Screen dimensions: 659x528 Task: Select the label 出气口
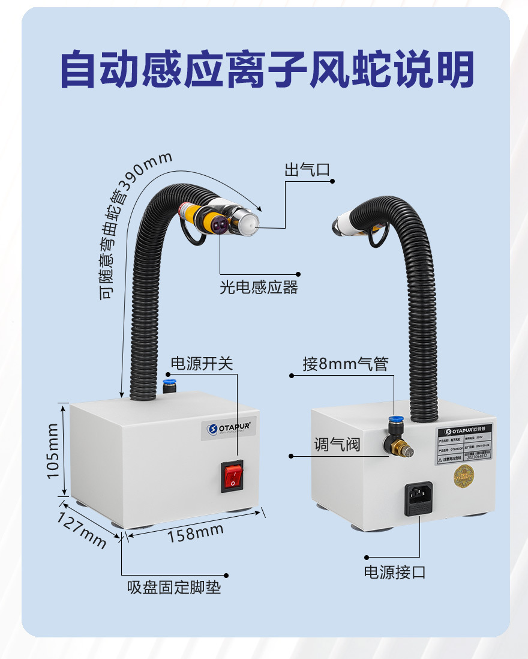pyautogui.click(x=307, y=170)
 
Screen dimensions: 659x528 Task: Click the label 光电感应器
pyautogui.click(x=259, y=287)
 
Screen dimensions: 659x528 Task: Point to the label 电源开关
pyautogui.click(x=202, y=364)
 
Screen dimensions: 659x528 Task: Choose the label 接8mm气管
pyautogui.click(x=346, y=364)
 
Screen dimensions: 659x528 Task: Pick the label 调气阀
pyautogui.click(x=337, y=445)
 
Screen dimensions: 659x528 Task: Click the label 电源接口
pyautogui.click(x=395, y=572)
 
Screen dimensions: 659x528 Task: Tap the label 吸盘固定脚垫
pyautogui.click(x=174, y=586)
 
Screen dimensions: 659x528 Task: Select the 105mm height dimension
pyautogui.click(x=53, y=451)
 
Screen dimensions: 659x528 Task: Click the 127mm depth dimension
pyautogui.click(x=82, y=529)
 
